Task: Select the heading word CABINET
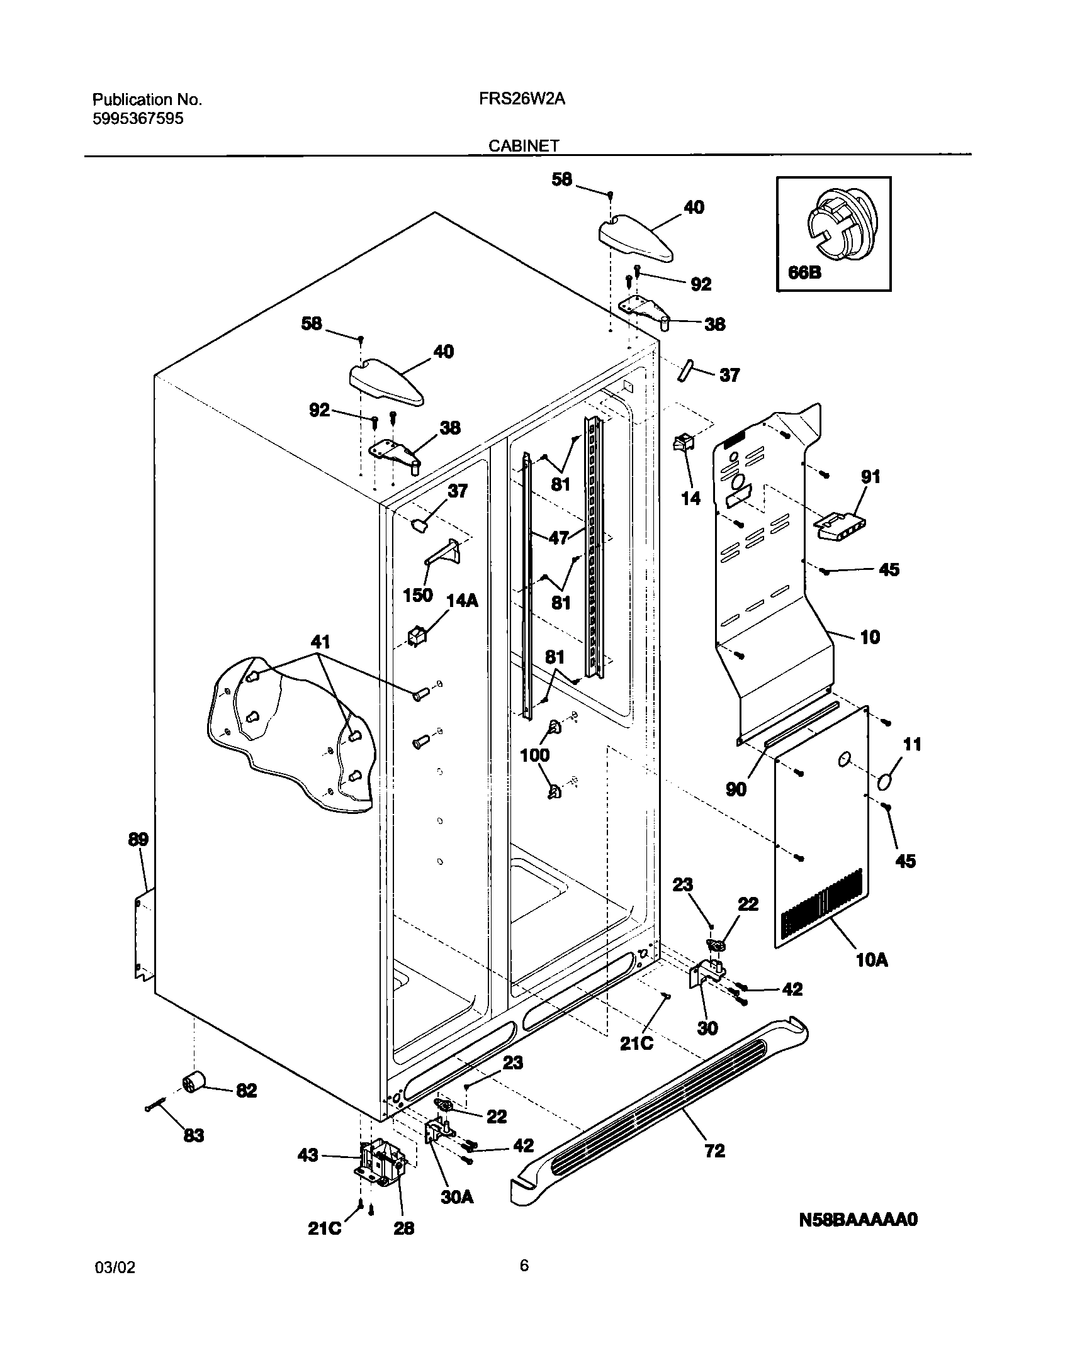click(x=524, y=146)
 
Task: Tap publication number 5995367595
click(x=138, y=118)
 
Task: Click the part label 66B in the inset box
click(x=804, y=273)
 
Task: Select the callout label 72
click(x=715, y=1151)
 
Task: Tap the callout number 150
click(x=417, y=594)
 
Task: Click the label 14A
click(x=462, y=601)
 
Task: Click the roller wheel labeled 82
click(x=194, y=1083)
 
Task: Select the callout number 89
click(x=138, y=839)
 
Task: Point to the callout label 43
click(x=308, y=1156)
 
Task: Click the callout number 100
click(x=535, y=755)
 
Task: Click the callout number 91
click(x=870, y=477)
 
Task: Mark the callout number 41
click(x=320, y=642)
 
